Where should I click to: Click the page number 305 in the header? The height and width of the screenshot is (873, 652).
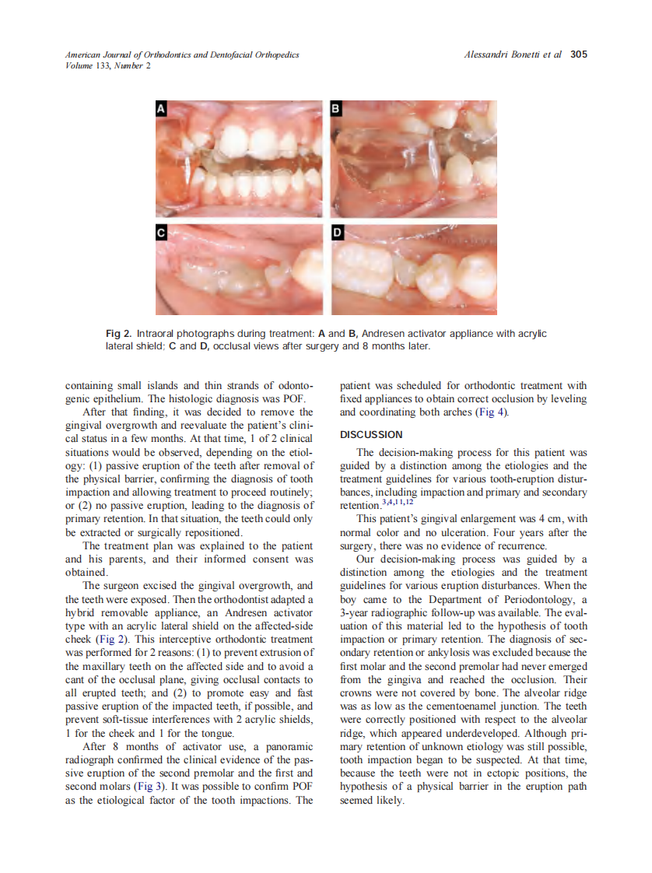pos(578,54)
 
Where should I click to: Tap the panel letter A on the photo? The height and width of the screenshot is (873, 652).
pos(161,110)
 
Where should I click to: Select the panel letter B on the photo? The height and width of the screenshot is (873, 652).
pos(337,110)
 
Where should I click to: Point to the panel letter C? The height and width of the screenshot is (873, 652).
pos(161,233)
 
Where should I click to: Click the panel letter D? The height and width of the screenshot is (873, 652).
pos(337,233)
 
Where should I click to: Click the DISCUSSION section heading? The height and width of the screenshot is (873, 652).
pos(371,434)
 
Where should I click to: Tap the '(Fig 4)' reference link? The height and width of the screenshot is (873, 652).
pos(491,412)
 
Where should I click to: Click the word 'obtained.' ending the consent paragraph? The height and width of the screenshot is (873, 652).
pos(86,572)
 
